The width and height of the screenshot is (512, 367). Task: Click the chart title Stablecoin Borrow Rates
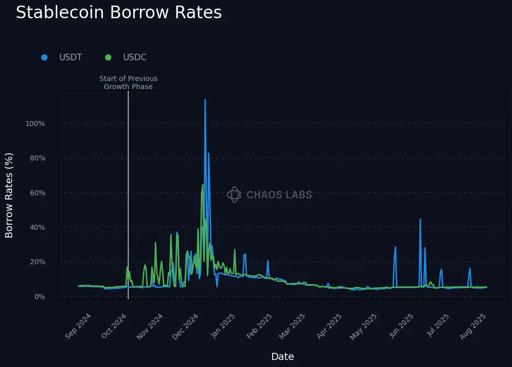click(119, 13)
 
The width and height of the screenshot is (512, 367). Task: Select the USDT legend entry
click(70, 57)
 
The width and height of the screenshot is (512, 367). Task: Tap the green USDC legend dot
click(108, 57)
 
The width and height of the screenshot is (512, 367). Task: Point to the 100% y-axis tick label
click(35, 124)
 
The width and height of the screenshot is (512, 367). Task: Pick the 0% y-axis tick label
click(39, 297)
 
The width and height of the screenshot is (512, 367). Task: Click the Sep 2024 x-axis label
click(79, 326)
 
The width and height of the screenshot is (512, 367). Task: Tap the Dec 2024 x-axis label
click(186, 326)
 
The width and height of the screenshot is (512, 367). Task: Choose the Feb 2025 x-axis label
click(259, 326)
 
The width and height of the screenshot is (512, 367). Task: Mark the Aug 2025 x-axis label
click(474, 326)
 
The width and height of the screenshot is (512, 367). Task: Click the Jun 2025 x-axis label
click(402, 326)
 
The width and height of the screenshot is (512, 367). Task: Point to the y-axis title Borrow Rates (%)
click(9, 195)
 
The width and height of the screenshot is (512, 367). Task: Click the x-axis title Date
click(282, 356)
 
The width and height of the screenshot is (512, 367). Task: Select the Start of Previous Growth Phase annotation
click(128, 83)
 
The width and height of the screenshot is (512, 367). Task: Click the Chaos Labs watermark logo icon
click(234, 194)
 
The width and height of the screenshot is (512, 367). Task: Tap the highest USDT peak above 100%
click(205, 100)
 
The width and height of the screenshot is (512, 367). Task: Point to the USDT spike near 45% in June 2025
click(420, 220)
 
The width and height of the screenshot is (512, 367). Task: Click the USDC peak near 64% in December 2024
click(202, 185)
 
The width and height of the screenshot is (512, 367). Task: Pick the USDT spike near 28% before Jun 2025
click(395, 248)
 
